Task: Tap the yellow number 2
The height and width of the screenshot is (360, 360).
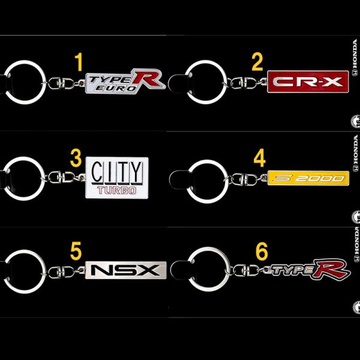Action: (257, 61)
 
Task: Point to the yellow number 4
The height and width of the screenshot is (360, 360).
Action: (259, 158)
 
